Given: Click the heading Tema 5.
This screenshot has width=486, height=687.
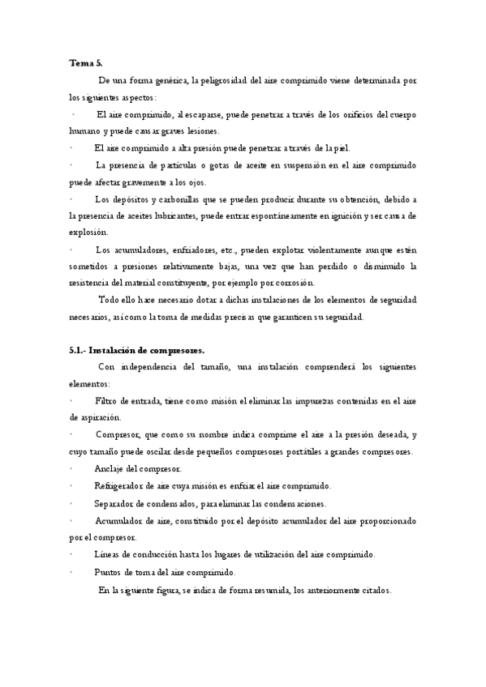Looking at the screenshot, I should [x=85, y=62].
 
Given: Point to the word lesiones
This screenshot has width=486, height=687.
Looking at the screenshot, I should [x=200, y=130].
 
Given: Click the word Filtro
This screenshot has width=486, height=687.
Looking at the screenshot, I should [x=106, y=400].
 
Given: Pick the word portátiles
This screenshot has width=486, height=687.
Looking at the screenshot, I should [x=296, y=451].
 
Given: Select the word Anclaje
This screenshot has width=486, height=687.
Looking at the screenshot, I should [x=111, y=469].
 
